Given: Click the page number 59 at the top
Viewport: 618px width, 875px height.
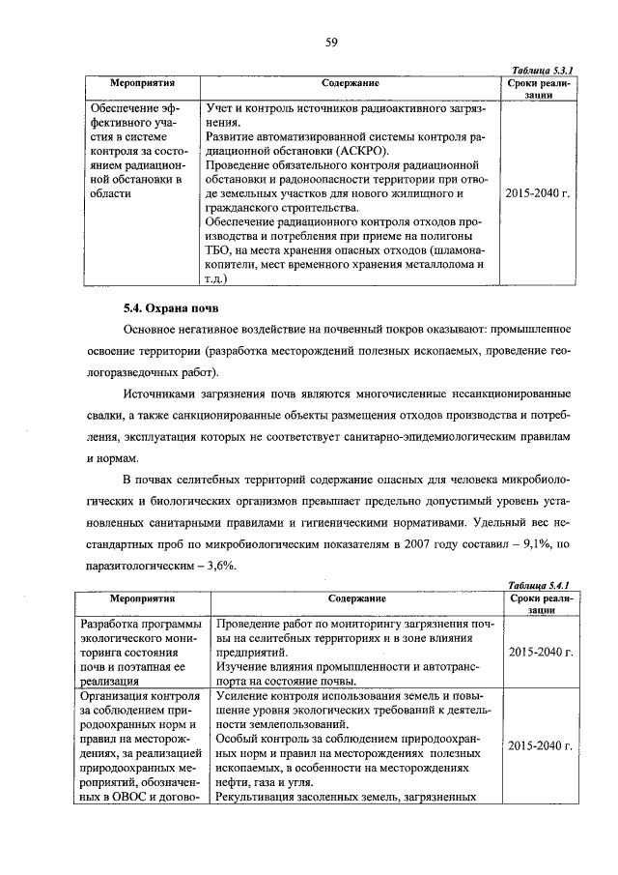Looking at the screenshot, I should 330,41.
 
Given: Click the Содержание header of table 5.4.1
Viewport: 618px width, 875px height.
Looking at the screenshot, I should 351,599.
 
